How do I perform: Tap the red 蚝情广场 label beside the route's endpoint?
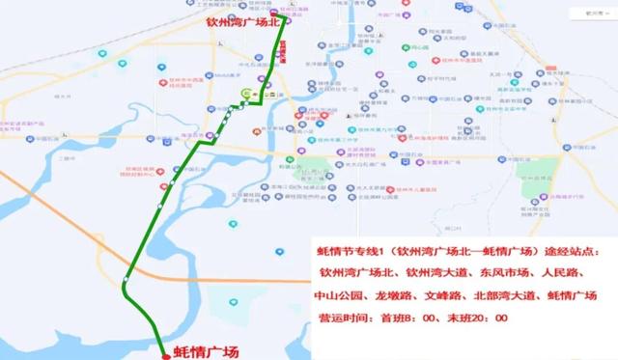(x=205, y=351)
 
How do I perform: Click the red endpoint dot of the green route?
(x=165, y=354)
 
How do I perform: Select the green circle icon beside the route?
(x=246, y=94)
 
